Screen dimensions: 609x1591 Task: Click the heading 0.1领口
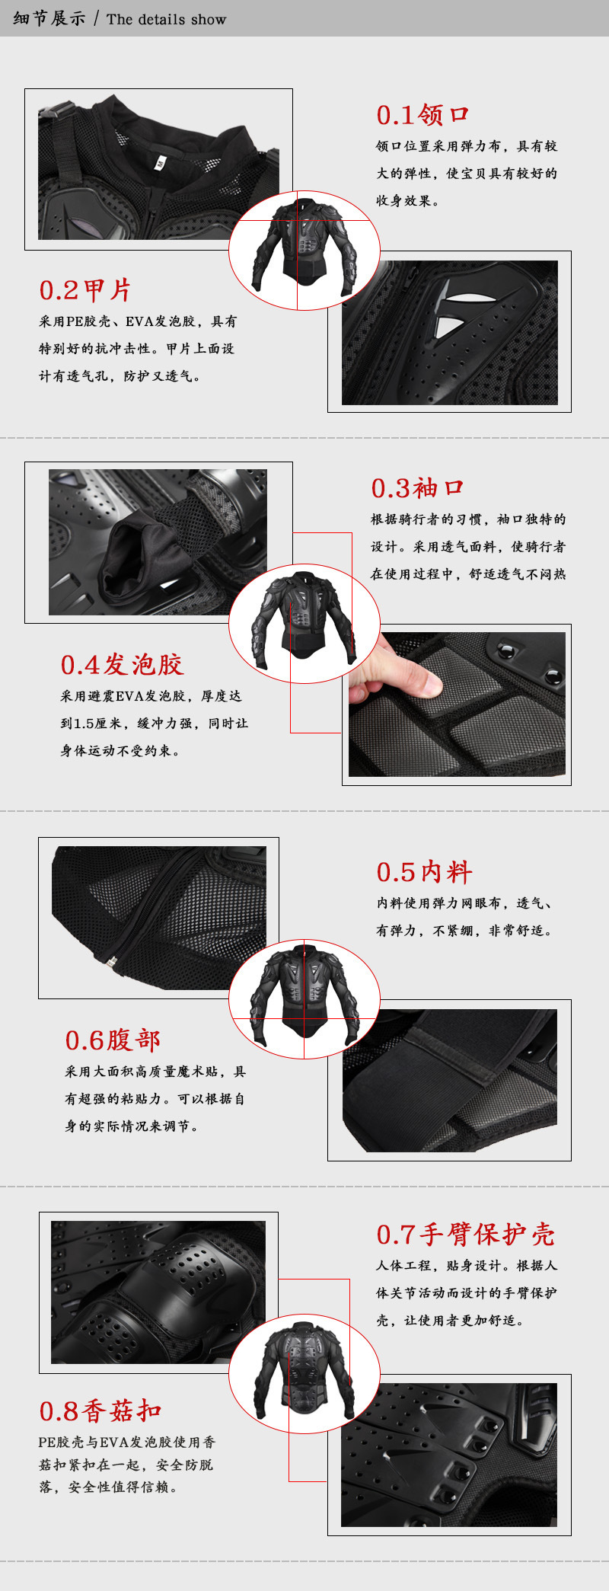422,115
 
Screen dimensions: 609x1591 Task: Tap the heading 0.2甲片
85,290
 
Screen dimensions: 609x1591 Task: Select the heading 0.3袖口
417,488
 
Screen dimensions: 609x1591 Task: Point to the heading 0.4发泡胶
123,665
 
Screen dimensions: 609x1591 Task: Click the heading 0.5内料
424,872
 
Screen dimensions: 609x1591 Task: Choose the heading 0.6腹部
113,1040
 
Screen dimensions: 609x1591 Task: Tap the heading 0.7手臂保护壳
466,1235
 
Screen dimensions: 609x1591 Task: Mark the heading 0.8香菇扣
100,1410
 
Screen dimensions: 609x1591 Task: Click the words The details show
167,20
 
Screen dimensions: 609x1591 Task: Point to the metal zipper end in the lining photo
112,963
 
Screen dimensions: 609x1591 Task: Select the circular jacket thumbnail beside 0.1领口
304,251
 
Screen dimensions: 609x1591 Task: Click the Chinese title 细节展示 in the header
49,19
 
